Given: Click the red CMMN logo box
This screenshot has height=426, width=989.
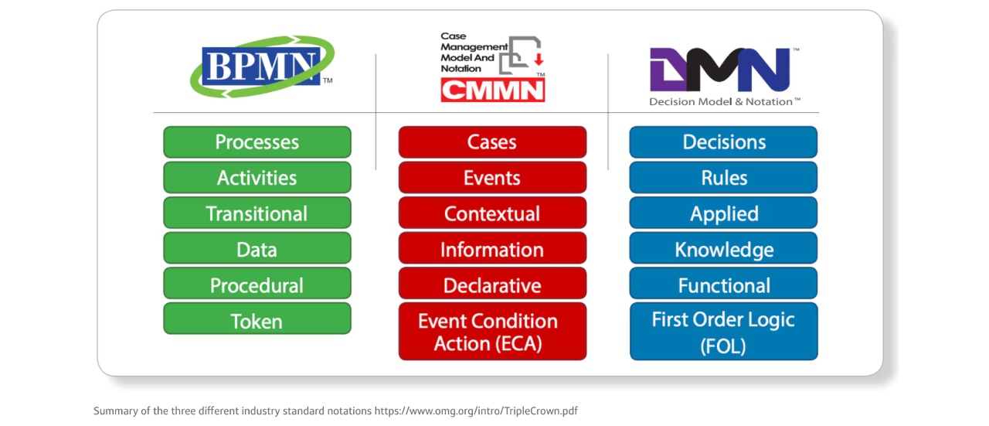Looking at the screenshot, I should coord(492,90).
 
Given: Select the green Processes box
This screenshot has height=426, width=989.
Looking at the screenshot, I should coord(257,142).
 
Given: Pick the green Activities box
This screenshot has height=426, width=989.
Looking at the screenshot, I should coord(257,178).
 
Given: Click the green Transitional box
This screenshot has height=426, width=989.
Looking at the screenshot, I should coord(257,213).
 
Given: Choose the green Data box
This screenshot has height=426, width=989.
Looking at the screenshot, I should coord(257,249).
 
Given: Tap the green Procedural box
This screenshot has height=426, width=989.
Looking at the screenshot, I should coord(257,285).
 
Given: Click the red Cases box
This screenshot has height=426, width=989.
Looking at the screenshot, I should coord(492,142).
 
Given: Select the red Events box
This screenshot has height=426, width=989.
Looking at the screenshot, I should coord(492,178).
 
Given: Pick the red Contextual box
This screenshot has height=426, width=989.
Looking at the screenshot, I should coord(492,213).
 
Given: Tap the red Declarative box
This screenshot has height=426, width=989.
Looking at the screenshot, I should coord(492,285).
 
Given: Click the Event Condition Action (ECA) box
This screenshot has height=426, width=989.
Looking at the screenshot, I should coord(492,332).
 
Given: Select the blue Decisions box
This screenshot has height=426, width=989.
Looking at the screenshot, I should coord(723,142).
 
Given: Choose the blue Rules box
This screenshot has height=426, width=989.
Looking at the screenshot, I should coord(723,178).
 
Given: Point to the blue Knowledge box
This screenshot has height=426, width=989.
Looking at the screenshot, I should coord(723,249).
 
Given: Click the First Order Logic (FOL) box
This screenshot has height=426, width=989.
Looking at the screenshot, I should coord(723,332).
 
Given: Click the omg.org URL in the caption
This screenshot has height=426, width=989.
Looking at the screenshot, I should coord(476,411).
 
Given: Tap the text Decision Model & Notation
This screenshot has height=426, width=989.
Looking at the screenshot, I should coord(723,101).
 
